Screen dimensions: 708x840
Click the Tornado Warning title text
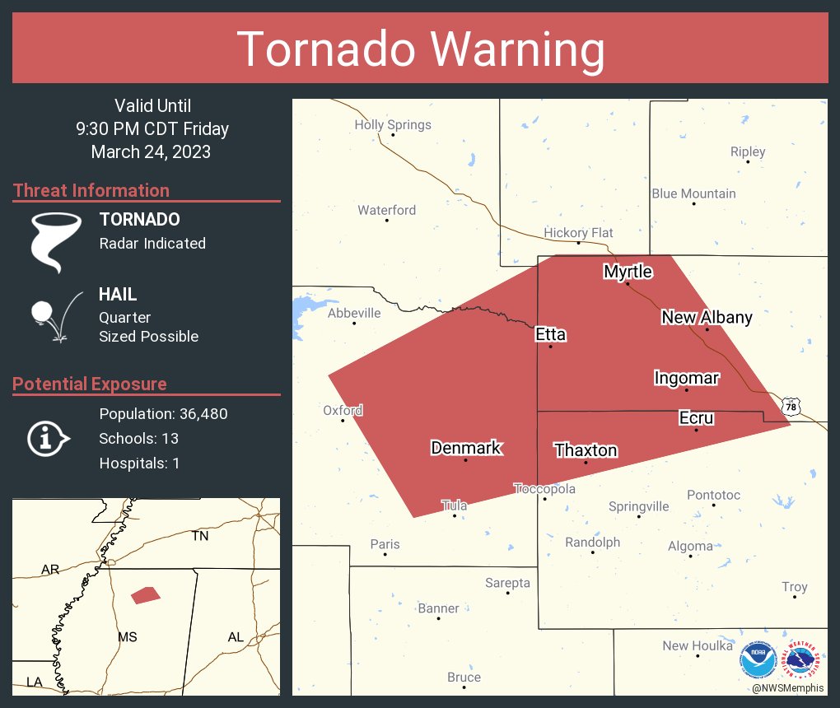(x=420, y=49)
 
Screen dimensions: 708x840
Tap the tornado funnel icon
(x=55, y=241)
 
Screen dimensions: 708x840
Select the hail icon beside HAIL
(x=55, y=316)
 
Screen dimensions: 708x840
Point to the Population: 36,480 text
(x=163, y=413)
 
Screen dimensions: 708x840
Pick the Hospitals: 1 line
(x=139, y=463)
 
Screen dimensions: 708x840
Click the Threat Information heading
(x=91, y=190)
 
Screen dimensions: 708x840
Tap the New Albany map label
(x=707, y=318)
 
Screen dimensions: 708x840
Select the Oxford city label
(x=343, y=410)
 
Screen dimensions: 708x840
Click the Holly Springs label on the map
(x=392, y=125)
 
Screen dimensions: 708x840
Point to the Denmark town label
(x=465, y=448)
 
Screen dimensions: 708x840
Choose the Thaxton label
(x=586, y=450)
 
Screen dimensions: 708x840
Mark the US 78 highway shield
(x=791, y=407)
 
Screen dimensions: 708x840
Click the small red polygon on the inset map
(x=146, y=594)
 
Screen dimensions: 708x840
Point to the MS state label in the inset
(x=127, y=637)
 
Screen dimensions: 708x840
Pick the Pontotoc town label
(x=713, y=495)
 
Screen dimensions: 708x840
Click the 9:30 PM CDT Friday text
(x=152, y=128)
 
